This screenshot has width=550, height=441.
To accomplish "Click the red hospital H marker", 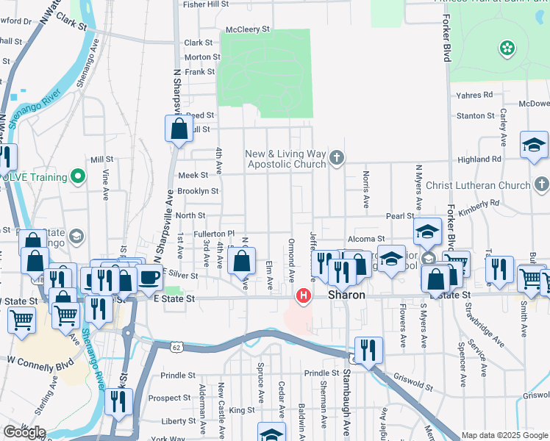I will pos(302,296).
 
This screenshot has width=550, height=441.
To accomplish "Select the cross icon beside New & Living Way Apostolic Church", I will pos(337,157).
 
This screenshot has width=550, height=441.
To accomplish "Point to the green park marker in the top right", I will pos(507,49).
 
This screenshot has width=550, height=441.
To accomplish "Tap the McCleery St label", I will pos(248,29).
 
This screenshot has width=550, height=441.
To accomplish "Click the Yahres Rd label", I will pos(474,95).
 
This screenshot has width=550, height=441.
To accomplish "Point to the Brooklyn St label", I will pos(198,191).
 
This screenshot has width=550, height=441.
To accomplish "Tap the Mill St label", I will pos(101,159).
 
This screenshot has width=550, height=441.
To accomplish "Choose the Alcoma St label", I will pos(366,239).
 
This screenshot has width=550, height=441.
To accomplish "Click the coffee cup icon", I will pos(149,277).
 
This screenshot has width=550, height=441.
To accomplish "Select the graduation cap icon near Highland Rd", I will pos(534,144).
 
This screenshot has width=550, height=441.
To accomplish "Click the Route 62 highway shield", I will pos(175,345).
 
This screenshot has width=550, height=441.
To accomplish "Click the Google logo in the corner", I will pos(24,432).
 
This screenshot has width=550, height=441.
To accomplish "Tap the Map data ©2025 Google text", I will pos(504,435).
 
